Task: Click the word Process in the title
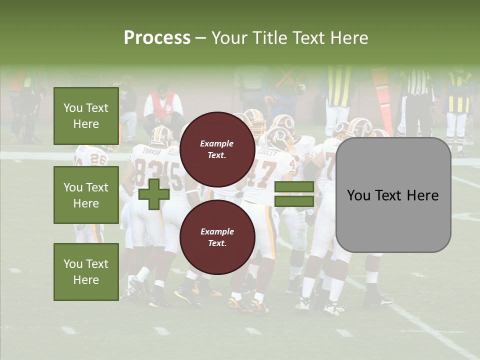157,38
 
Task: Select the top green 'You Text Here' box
86,116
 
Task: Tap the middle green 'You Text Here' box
86,195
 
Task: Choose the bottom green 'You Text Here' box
86,271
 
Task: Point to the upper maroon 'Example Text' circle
217,149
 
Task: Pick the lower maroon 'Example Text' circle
217,237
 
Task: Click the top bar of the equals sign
294,187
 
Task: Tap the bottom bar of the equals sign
294,201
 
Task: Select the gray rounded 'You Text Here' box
393,195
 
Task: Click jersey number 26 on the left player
98,160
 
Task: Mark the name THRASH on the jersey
151,151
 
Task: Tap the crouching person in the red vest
163,107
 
